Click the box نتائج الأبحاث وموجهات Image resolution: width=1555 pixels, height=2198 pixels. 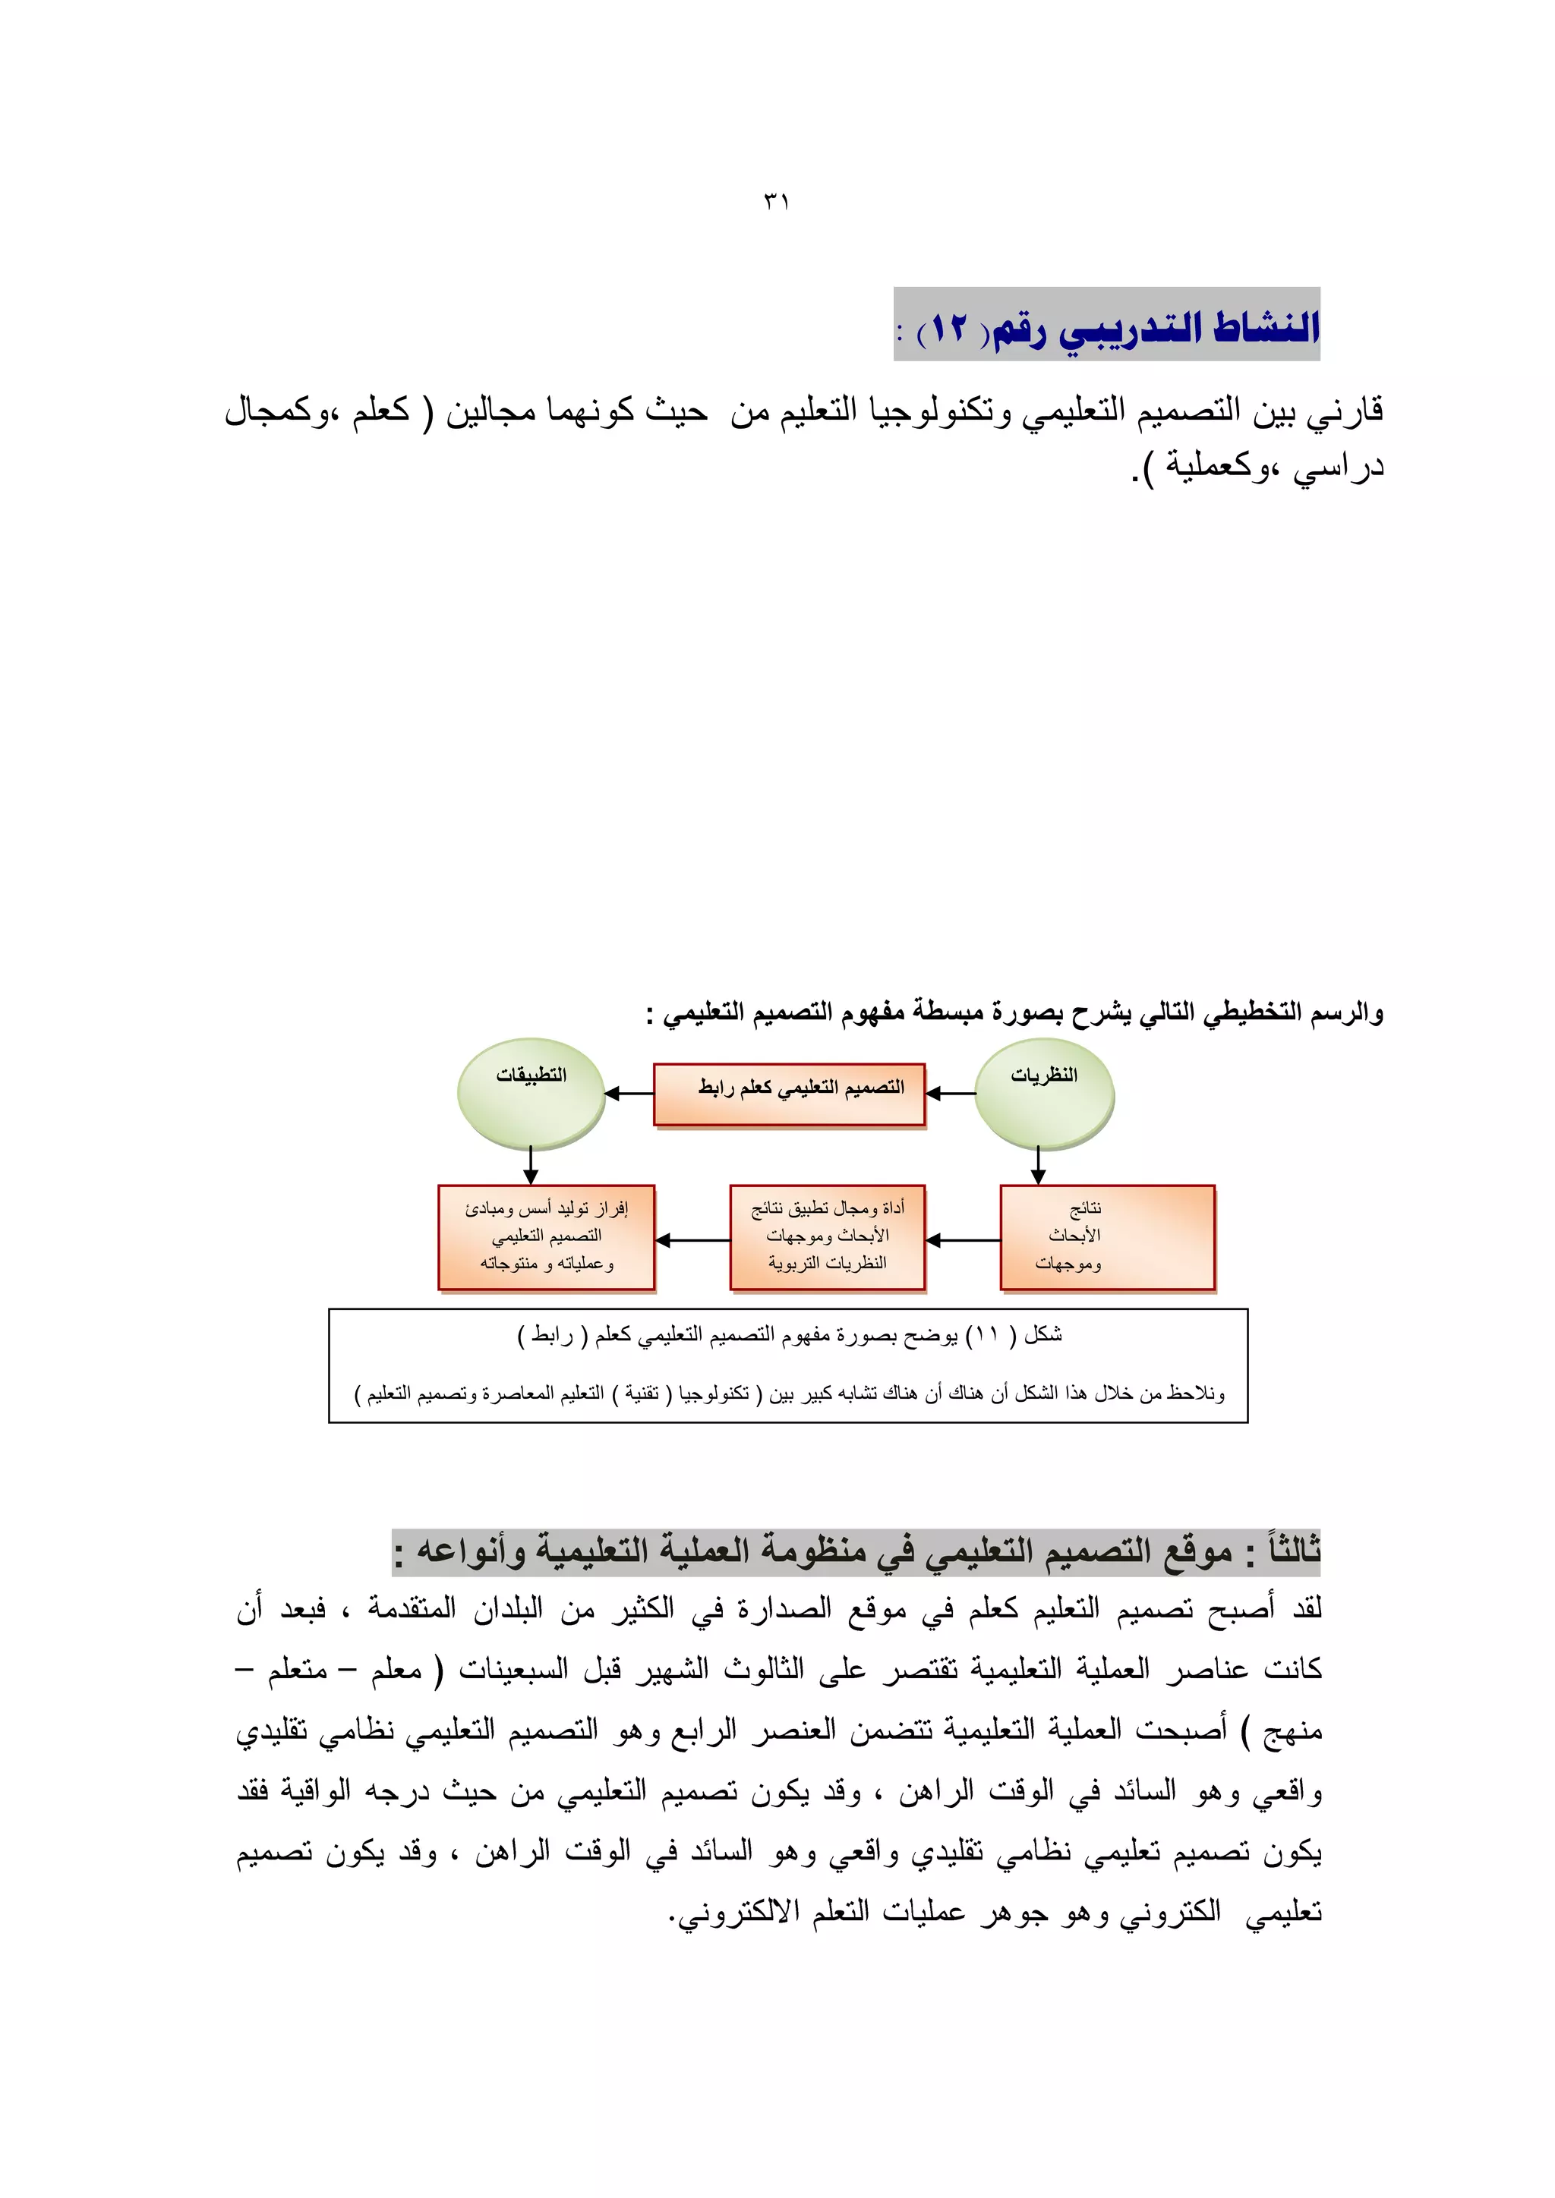pos(1107,1237)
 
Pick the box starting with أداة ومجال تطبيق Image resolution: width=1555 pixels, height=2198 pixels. pos(828,1237)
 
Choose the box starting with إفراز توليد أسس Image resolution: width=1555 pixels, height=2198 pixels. pos(546,1237)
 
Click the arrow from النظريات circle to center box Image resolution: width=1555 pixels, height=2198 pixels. pos(950,1093)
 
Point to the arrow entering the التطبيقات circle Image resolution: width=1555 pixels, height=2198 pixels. pos(628,1093)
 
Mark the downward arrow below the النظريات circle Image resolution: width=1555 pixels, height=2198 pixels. pos(1038,1166)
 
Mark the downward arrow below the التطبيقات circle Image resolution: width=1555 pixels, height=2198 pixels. pos(531,1166)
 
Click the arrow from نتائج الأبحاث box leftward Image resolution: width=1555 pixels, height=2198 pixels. pos(962,1239)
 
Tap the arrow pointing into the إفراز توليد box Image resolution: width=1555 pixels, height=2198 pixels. pos(692,1239)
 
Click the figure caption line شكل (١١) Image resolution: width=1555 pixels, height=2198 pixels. pos(789,1336)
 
